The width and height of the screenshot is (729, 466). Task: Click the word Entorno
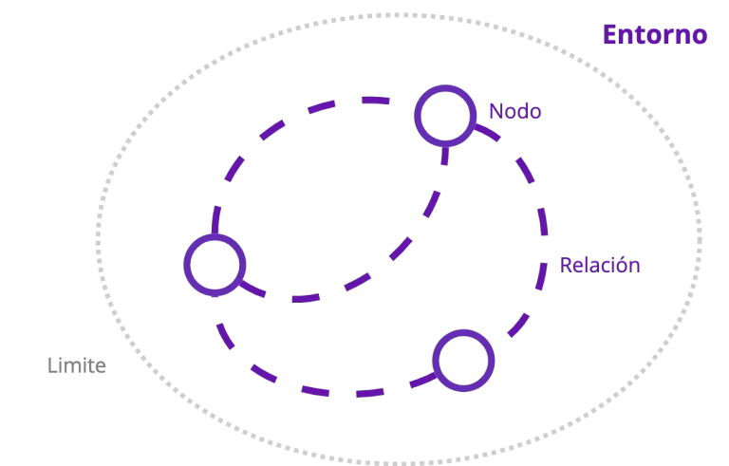point(655,35)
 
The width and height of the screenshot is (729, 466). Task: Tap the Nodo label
point(514,111)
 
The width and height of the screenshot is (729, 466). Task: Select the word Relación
point(599,265)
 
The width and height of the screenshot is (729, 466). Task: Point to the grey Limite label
point(76,365)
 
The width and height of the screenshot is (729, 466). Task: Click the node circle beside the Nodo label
point(444,115)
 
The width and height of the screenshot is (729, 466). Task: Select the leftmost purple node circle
point(214,264)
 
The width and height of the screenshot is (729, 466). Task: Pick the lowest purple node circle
point(463,360)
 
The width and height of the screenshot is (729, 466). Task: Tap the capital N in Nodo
point(495,111)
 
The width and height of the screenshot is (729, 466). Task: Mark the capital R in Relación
point(566,265)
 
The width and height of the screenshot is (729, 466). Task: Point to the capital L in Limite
point(51,365)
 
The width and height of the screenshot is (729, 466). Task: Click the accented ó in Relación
point(621,264)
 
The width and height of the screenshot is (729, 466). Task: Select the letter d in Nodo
point(522,111)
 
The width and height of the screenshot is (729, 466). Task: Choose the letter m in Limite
point(73,366)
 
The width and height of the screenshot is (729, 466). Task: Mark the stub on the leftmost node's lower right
point(252,288)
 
